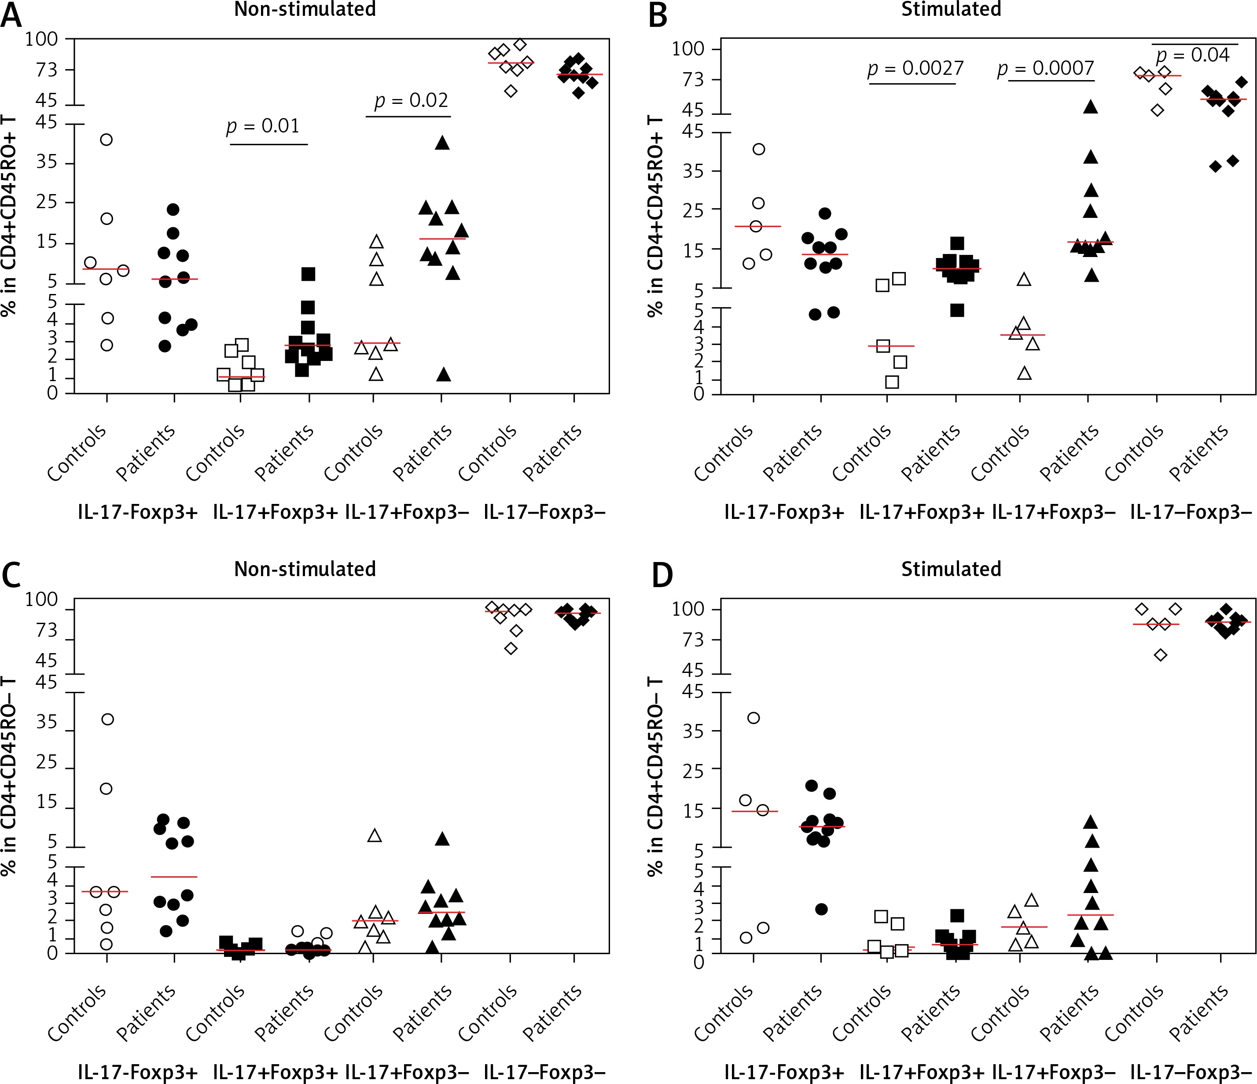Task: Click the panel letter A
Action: tap(11, 15)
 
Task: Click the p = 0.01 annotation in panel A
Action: tap(263, 126)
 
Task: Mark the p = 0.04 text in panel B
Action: tap(1193, 55)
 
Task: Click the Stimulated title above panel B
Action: tap(951, 10)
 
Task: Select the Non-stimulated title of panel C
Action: tap(305, 569)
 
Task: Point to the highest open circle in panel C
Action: tap(107, 720)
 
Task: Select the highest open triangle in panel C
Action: tap(375, 836)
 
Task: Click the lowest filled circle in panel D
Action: tap(821, 909)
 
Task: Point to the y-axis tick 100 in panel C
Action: tap(41, 600)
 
